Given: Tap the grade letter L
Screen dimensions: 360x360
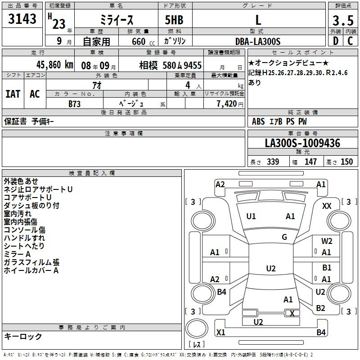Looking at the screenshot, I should tap(258, 20).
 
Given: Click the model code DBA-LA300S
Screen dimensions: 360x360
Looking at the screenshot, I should tap(258, 41).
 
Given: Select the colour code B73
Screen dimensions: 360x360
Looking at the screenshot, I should tap(75, 104).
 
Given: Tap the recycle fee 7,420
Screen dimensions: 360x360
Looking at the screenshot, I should tap(227, 104).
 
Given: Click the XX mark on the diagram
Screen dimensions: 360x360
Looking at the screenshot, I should tap(327, 206).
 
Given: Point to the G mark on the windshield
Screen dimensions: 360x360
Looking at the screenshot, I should tap(284, 237).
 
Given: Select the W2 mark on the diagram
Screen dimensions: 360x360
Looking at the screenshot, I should tap(327, 241).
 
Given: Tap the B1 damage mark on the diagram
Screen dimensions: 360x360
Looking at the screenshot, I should tap(327, 268).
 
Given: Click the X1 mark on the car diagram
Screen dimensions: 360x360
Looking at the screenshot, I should tap(220, 332).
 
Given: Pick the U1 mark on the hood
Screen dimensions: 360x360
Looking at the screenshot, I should tap(251, 216).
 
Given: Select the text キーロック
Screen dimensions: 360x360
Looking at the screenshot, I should tap(23, 336).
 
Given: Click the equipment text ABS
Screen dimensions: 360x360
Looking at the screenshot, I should tap(258, 121).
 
